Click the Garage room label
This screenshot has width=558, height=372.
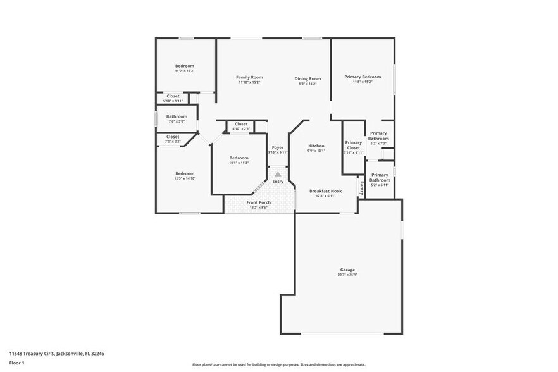coord(347,269)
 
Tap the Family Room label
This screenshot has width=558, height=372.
coord(249,77)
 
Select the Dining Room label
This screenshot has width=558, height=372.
coord(307,78)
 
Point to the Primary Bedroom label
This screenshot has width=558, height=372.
coord(363,77)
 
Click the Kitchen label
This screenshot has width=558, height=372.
coord(316,146)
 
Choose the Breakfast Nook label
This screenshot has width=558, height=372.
coord(325,191)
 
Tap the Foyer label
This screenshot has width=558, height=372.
coord(278,147)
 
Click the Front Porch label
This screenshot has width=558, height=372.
coord(258,202)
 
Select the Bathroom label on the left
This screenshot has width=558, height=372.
coord(177,116)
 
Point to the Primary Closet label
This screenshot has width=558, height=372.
coord(353,145)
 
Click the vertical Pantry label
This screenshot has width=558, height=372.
coord(362,187)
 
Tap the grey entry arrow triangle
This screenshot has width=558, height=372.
coord(278,173)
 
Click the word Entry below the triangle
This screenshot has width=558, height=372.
coord(278,182)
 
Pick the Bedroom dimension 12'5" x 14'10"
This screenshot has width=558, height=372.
coord(185,178)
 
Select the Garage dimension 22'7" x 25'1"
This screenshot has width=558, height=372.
coord(347,274)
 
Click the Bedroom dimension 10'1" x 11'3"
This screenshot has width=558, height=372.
coord(239,163)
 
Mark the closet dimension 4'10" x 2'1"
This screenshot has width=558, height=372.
coord(241,129)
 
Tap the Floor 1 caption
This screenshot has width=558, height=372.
coord(16,363)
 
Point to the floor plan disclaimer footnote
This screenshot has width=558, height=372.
coord(279,365)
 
